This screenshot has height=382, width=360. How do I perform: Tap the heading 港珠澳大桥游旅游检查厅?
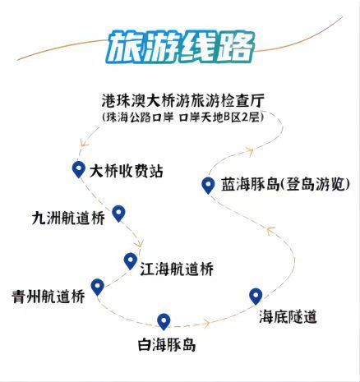pos(182,100)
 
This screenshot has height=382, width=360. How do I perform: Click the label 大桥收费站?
pos(127,172)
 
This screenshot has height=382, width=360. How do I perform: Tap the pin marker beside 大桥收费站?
pos(79,169)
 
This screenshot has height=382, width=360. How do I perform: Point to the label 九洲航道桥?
pos(68,218)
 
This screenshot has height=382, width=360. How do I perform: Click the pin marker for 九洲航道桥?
pos(118,214)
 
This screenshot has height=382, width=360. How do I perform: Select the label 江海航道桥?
pos(177,269)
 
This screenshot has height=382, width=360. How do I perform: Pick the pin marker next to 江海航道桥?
pos(131,261)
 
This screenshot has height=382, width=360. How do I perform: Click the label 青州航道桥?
pos(48,297)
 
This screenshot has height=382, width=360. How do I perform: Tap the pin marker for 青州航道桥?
pos(98,287)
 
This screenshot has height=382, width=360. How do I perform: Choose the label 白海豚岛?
pos(167,345)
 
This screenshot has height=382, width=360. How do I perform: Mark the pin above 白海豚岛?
pos(164,322)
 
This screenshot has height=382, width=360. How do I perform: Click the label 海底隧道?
pos(288,316)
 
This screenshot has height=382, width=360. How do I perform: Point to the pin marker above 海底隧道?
pos(256,297)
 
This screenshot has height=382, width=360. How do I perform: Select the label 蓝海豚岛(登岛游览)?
pos(285,184)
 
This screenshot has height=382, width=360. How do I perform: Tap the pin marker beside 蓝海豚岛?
pos(208,186)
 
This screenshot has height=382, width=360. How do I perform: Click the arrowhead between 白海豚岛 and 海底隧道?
pos(207,323)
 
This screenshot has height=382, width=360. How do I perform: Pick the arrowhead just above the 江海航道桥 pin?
pos(140,243)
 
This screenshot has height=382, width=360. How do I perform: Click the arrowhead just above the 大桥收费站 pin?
pos(84,143)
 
